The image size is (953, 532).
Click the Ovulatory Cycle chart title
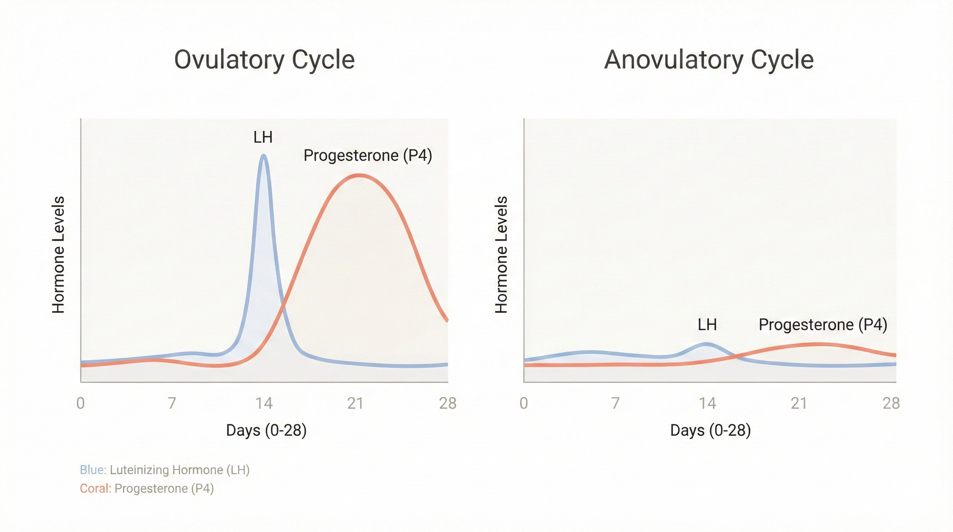(x=264, y=60)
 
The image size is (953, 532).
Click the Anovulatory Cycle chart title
(x=709, y=60)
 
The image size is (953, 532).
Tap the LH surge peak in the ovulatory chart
(x=264, y=156)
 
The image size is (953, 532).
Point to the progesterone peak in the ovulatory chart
(x=359, y=175)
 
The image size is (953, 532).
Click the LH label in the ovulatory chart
(x=263, y=138)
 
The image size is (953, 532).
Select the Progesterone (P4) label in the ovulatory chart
(x=367, y=156)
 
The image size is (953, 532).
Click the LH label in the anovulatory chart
(x=707, y=325)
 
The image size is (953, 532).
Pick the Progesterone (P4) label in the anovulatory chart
(x=823, y=325)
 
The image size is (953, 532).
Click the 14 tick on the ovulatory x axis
(x=264, y=403)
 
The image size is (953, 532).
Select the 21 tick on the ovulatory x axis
(x=356, y=403)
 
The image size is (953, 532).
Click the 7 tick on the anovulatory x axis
(x=615, y=403)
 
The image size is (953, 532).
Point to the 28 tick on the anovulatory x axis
(x=891, y=403)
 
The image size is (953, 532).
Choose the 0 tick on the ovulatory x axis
(x=81, y=403)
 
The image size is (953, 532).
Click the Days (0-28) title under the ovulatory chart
(x=266, y=430)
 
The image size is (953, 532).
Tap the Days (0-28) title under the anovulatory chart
(x=710, y=430)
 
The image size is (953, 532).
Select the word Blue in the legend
(x=93, y=470)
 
